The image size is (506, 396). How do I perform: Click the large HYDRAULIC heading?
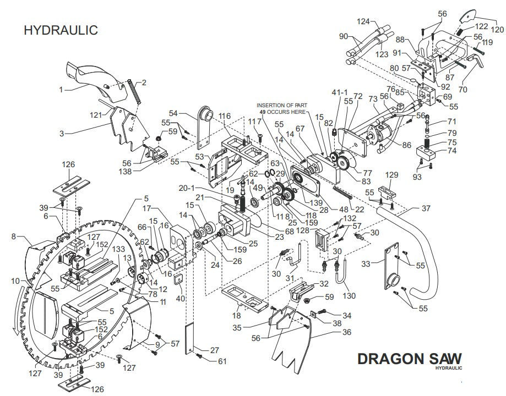61,30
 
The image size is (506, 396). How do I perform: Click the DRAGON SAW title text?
410,358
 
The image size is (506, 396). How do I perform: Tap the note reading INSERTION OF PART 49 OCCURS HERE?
283,107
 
